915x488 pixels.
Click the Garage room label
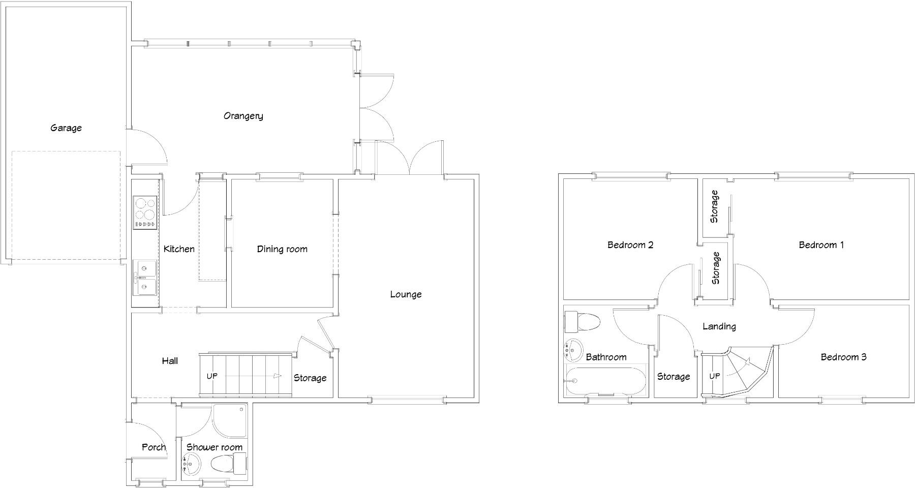tap(66, 128)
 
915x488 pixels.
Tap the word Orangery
tap(243, 116)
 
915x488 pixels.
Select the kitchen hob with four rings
tap(145, 212)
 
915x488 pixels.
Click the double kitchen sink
tap(145, 278)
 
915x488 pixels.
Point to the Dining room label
tap(282, 249)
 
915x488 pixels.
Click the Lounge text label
tap(406, 294)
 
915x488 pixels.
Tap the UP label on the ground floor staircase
tap(212, 376)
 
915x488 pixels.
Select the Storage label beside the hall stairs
tap(310, 378)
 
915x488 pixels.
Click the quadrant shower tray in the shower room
tap(229, 421)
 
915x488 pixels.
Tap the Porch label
tap(154, 447)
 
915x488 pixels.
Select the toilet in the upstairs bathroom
tap(583, 322)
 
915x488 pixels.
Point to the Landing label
tap(719, 326)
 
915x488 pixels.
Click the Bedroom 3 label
tap(843, 357)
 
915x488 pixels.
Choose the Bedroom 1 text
tap(821, 245)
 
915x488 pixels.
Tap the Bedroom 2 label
tap(630, 245)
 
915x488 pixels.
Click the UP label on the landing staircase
tap(714, 376)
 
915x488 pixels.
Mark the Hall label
tap(170, 361)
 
